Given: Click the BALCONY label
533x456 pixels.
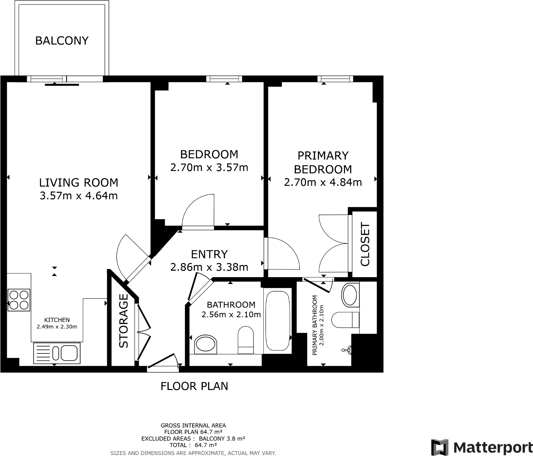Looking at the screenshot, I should pyautogui.click(x=62, y=41).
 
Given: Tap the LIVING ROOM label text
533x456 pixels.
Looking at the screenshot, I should pyautogui.click(x=79, y=183).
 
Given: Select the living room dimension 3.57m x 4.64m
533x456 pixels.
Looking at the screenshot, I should pyautogui.click(x=79, y=196).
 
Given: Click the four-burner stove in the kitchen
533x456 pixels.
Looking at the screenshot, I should pyautogui.click(x=19, y=300).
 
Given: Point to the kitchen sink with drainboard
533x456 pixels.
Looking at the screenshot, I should pyautogui.click(x=57, y=353).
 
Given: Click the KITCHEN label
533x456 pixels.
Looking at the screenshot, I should pyautogui.click(x=57, y=320).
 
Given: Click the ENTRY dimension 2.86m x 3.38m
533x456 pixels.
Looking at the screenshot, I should pyautogui.click(x=209, y=267).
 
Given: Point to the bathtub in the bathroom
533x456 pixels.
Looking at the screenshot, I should pyautogui.click(x=277, y=321).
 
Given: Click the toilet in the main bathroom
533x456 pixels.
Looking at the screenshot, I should pyautogui.click(x=245, y=340).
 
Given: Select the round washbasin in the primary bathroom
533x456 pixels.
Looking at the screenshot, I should pyautogui.click(x=350, y=294).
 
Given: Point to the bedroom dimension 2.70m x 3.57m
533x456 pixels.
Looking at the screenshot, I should pyautogui.click(x=209, y=168).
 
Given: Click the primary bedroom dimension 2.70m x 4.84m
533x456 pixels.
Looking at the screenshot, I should pyautogui.click(x=323, y=182).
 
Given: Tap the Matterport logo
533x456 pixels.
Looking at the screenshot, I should pyautogui.click(x=481, y=447).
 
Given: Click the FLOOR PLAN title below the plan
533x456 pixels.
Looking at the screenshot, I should pyautogui.click(x=194, y=386).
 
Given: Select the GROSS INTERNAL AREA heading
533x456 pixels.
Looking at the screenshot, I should pyautogui.click(x=193, y=426).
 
